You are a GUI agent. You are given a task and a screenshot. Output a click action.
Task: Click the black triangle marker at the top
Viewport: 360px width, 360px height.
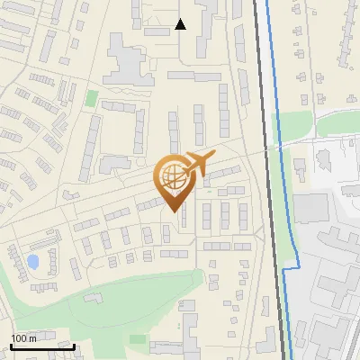pos(181,24)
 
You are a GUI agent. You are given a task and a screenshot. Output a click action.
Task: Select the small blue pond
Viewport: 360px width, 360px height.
pos(33,262)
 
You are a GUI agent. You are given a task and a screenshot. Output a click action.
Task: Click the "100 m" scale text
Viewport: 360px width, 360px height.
pos(23,338)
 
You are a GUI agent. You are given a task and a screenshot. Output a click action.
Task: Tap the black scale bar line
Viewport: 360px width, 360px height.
pos(42,346)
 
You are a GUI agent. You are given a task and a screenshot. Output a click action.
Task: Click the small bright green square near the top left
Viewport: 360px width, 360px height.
pos(92,96)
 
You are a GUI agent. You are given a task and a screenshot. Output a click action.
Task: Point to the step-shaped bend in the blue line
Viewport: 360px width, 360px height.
pos(290,268)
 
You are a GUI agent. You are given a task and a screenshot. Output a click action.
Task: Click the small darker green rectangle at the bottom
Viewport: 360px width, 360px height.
pos(137,339)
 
